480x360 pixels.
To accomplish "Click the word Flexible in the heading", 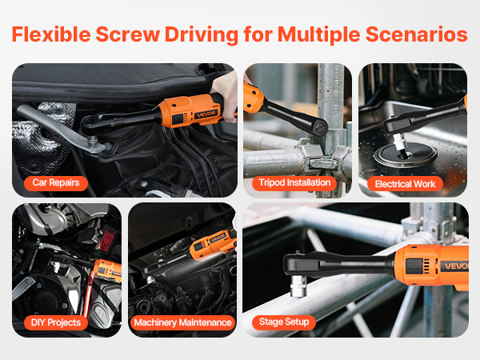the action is [51, 34].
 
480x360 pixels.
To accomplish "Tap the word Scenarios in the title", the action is [417, 34].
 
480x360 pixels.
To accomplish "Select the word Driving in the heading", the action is [202, 35].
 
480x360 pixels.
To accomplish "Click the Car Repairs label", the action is [56, 182].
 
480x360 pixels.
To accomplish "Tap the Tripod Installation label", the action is [294, 182].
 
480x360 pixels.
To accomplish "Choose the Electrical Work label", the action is [405, 184].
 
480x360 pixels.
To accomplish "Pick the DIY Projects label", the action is [56, 322].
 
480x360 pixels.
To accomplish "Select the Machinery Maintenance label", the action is [182, 322].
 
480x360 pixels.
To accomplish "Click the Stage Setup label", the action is [284, 322].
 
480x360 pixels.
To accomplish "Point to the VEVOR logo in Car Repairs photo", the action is [206, 114].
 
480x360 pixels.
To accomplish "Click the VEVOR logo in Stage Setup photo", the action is [455, 266].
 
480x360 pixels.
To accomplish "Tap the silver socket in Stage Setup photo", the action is [298, 286].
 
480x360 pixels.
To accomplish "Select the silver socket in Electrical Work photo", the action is [399, 141].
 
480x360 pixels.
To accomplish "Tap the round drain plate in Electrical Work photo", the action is [406, 154].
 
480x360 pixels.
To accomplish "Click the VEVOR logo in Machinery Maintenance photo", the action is [218, 238].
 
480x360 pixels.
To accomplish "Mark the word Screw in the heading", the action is [128, 34].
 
